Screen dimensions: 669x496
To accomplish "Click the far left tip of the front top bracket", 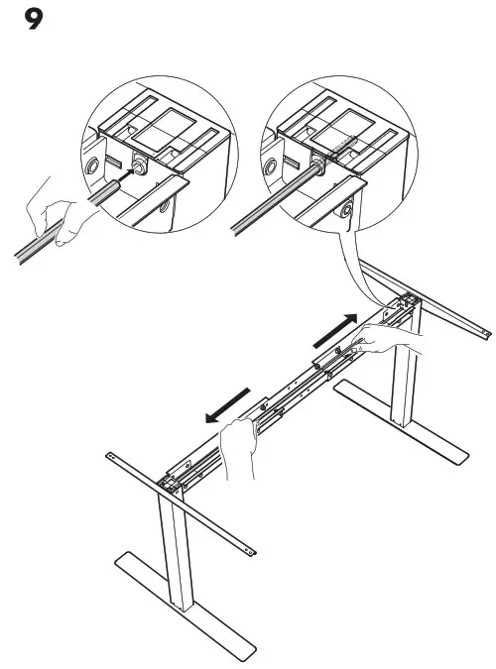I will coord(111,455).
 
